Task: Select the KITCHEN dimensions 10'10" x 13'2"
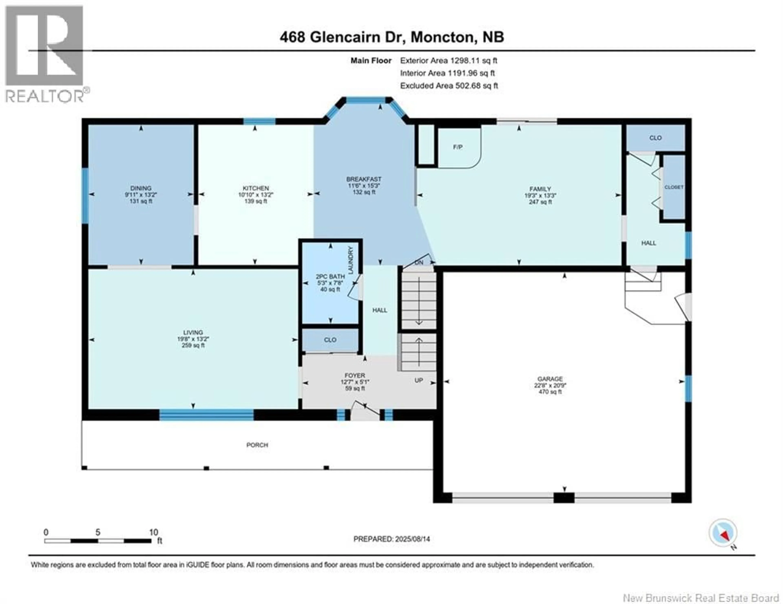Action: point(256,195)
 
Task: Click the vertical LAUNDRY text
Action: point(351,260)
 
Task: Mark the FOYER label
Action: point(355,375)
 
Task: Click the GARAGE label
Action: point(550,379)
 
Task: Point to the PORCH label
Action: point(257,445)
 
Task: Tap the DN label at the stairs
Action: point(419,263)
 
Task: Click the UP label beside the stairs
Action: point(419,380)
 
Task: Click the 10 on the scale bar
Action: point(154,532)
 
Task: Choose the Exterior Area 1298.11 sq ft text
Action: point(449,61)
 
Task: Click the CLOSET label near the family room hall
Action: point(674,187)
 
